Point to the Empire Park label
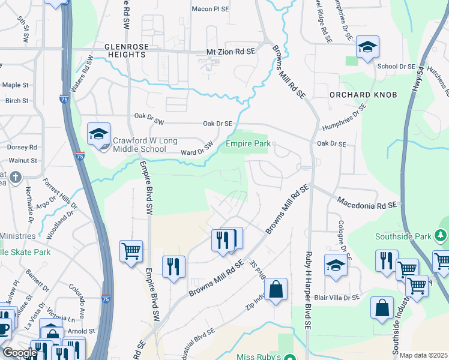[248, 143]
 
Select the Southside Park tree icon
[442, 236]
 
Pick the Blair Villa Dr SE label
[337, 296]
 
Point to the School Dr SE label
[396, 65]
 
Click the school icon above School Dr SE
[367, 47]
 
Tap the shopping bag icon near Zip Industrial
[275, 290]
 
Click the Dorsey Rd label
[22, 146]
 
